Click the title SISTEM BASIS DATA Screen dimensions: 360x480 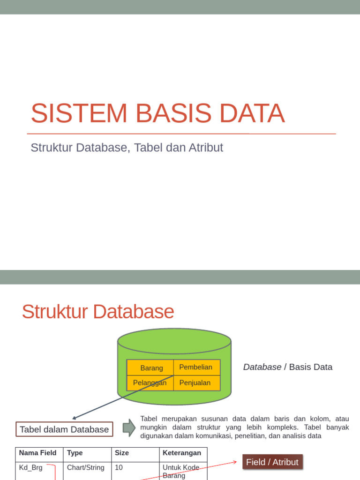157,113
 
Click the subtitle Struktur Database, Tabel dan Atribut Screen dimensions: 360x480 127,148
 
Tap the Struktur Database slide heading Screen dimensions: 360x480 98,312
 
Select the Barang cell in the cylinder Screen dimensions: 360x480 151,368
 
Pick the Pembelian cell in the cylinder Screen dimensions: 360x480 196,367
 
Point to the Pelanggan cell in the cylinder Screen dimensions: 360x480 150,382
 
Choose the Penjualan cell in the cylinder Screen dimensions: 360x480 195,382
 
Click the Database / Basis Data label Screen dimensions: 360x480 287,367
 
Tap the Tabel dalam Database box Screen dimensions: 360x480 64,429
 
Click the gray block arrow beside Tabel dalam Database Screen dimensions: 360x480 129,427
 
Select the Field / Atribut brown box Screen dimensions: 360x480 272,462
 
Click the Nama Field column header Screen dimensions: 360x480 38,453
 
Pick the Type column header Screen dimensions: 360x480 75,453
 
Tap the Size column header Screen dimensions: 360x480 122,453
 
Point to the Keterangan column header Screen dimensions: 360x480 182,453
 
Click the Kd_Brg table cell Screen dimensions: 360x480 31,468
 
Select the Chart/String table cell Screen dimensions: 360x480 86,468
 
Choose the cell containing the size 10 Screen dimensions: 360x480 119,468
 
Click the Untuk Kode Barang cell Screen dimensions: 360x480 181,471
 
